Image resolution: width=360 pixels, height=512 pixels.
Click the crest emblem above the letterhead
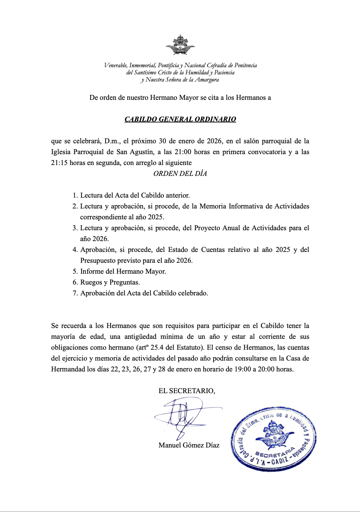click(x=180, y=45)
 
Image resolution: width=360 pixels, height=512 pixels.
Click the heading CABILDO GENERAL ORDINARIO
click(x=180, y=119)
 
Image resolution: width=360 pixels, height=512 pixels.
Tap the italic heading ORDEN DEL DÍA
click(x=180, y=173)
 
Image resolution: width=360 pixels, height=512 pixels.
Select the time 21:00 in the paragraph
click(x=183, y=152)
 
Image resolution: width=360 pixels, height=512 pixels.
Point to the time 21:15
click(x=59, y=163)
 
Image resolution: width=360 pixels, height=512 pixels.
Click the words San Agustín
click(x=135, y=152)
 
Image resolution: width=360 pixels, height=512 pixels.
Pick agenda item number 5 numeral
click(x=75, y=271)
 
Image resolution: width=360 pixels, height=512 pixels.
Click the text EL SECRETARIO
click(x=187, y=391)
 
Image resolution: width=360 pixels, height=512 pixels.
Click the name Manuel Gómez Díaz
click(x=189, y=445)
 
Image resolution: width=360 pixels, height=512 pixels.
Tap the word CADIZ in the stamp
click(x=279, y=460)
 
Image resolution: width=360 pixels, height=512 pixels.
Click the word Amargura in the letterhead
click(x=206, y=80)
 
